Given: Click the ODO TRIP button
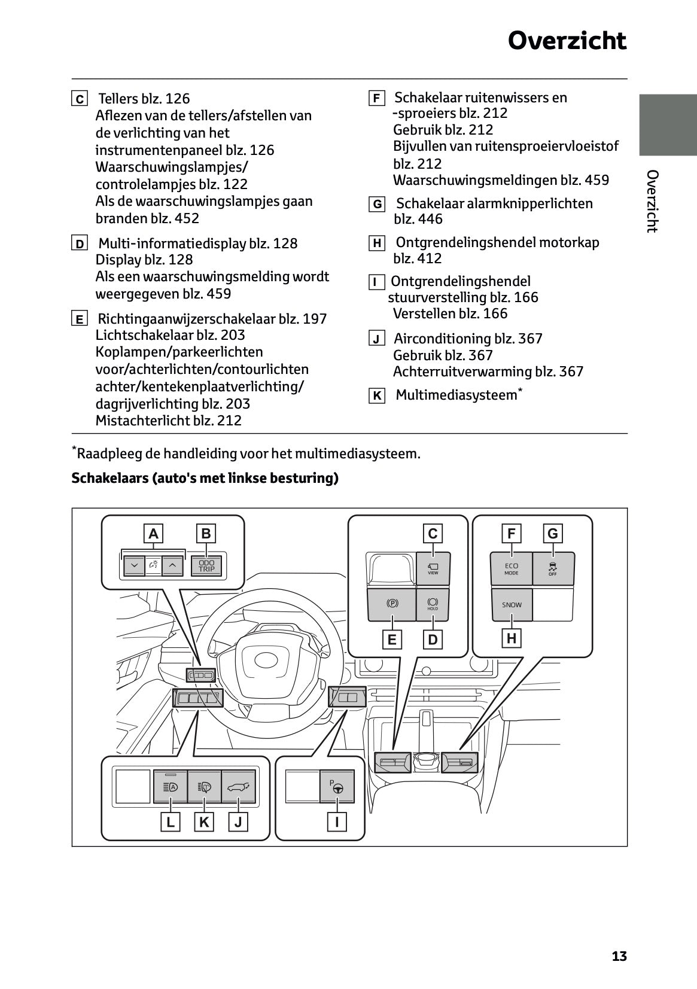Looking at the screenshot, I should [206, 565].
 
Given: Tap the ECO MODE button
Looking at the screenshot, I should [512, 568].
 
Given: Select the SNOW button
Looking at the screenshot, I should [512, 605].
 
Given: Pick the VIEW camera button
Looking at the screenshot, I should [433, 568].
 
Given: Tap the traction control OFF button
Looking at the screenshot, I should [553, 568].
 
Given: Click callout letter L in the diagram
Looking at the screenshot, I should [171, 822].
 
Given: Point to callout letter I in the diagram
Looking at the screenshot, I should [337, 822].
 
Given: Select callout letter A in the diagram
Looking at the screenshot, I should [154, 534].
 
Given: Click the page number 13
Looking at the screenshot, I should [619, 956].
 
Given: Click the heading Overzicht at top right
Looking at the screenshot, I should [567, 41].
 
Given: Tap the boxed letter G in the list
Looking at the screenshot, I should [376, 205].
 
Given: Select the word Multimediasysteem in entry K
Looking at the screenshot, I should [456, 395].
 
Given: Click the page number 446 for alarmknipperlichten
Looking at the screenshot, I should [430, 220].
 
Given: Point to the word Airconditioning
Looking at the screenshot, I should [442, 339].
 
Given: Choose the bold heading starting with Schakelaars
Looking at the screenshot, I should [205, 479].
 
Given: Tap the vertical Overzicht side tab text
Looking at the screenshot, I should [652, 201].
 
